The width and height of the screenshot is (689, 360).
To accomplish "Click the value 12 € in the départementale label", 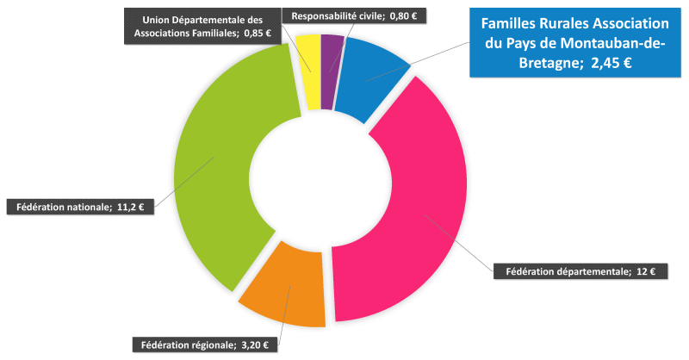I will pyautogui.click(x=646, y=272).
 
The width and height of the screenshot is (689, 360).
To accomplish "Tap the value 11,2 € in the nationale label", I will pyautogui.click(x=131, y=207).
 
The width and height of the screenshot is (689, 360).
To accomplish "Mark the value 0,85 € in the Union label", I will pyautogui.click(x=256, y=33).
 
